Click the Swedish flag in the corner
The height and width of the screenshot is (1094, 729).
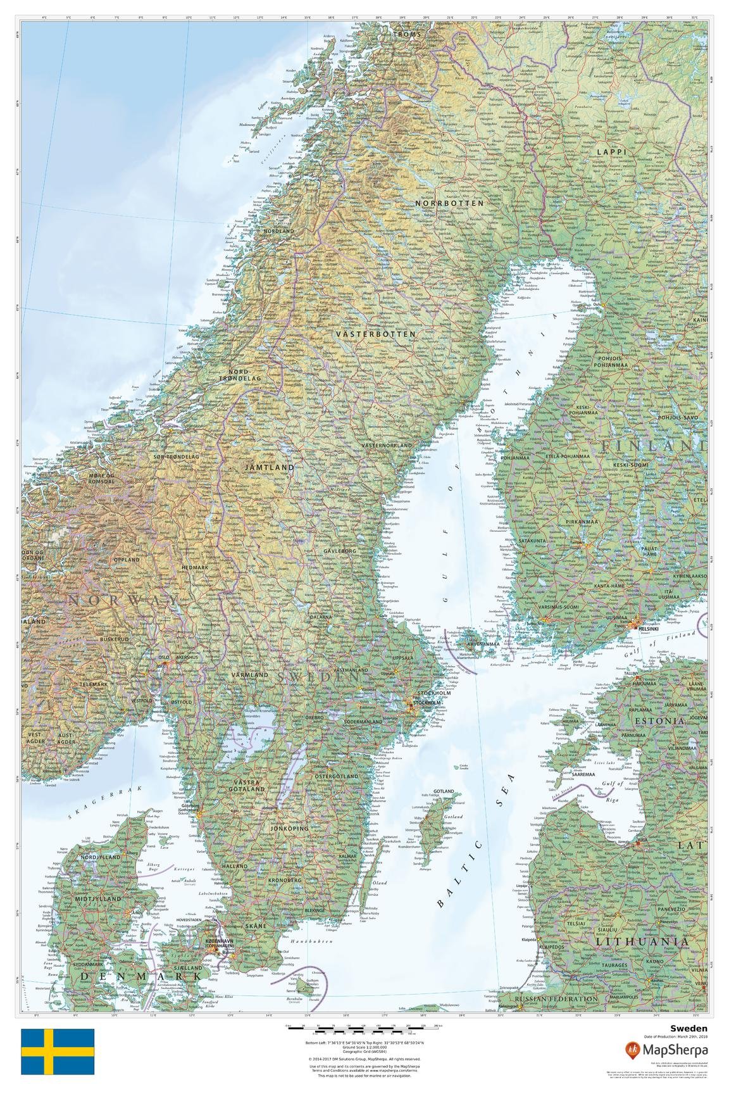pyautogui.click(x=58, y=1052)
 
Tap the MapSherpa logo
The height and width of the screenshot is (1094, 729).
pyautogui.click(x=666, y=1050)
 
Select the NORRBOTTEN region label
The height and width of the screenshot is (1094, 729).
pyautogui.click(x=449, y=204)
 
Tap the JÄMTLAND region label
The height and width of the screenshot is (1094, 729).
pyautogui.click(x=270, y=467)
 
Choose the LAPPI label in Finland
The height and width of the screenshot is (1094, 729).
pyautogui.click(x=611, y=152)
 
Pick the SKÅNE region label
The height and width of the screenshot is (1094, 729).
pyautogui.click(x=256, y=926)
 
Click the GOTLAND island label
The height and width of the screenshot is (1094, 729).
pyautogui.click(x=444, y=792)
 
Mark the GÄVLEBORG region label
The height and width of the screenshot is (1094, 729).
pyautogui.click(x=340, y=551)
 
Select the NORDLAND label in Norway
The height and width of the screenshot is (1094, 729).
pyautogui.click(x=279, y=232)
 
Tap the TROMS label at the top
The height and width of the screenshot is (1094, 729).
pyautogui.click(x=407, y=34)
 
